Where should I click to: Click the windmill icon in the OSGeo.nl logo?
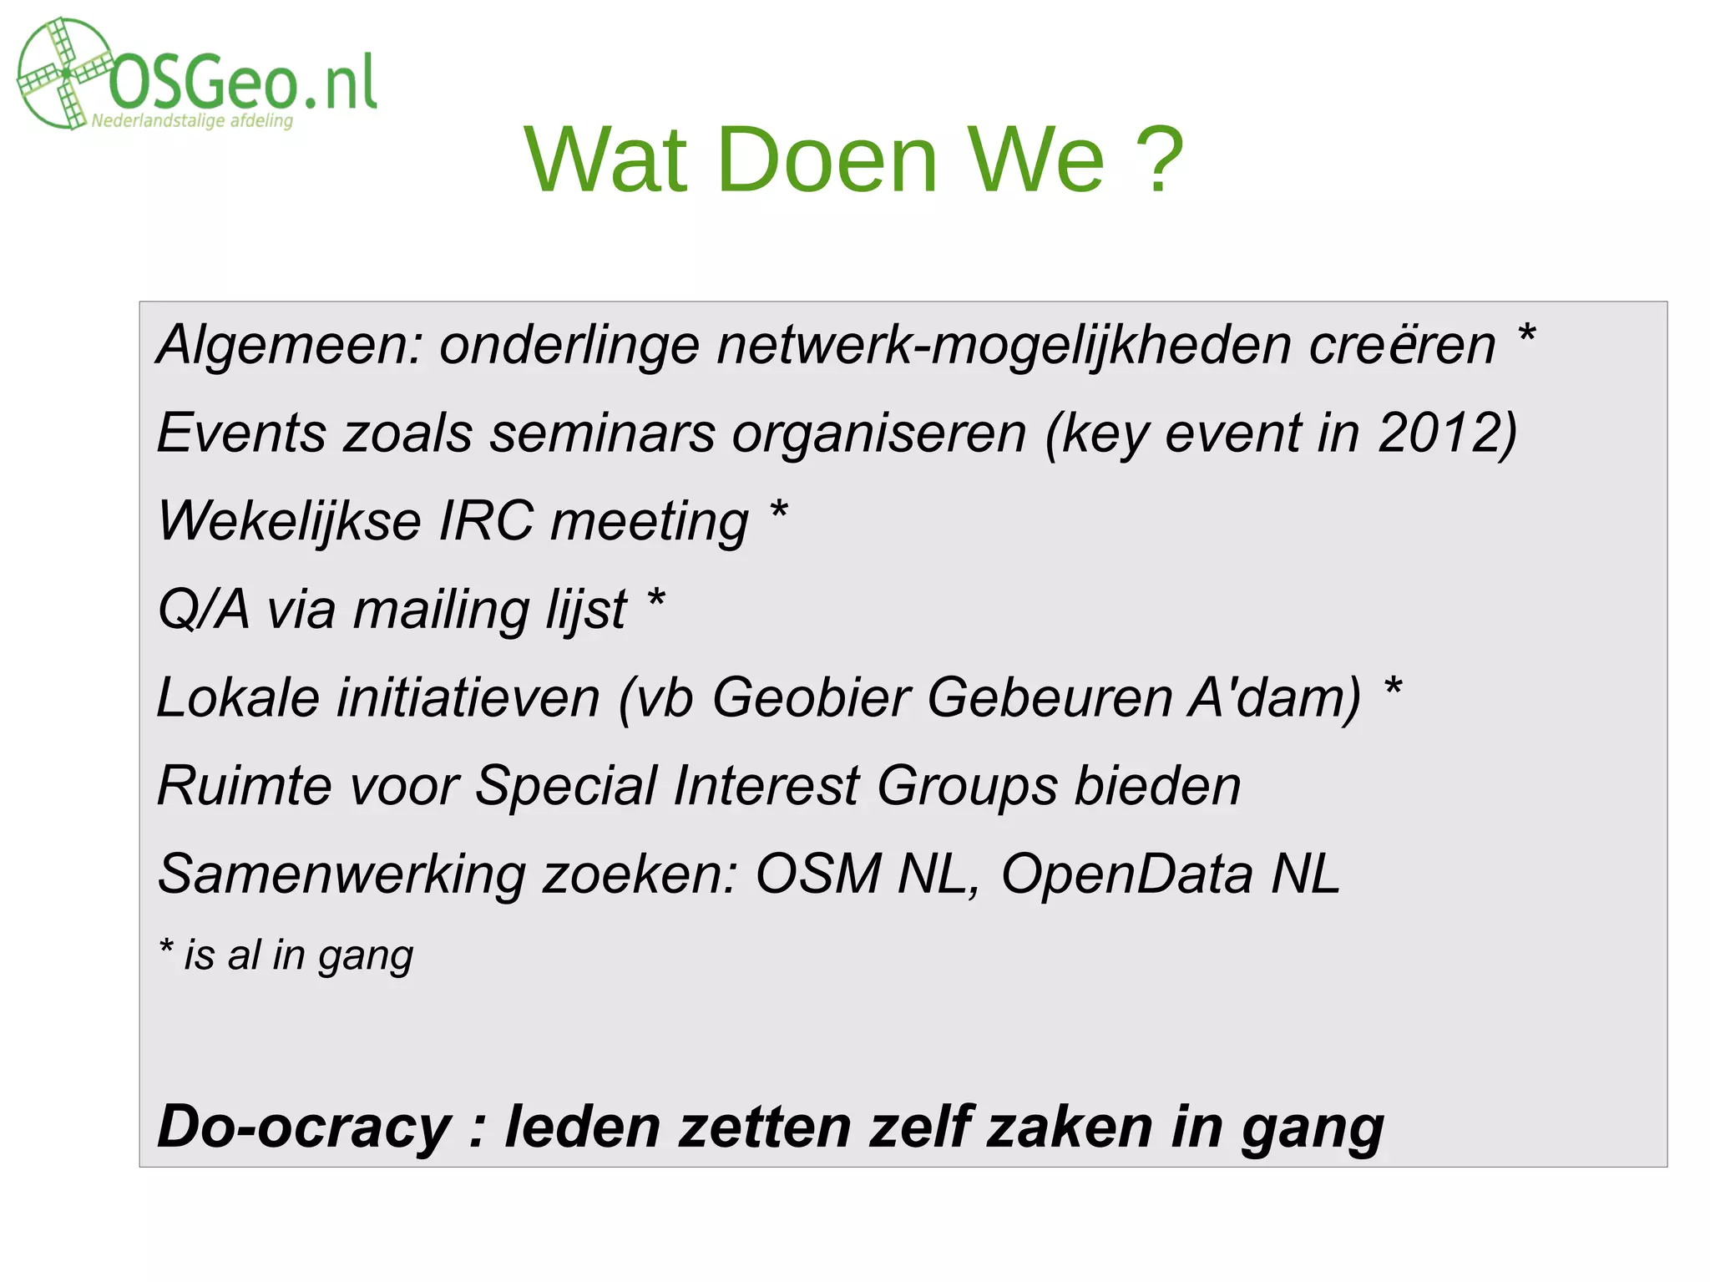[63, 73]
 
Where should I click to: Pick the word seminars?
[602, 433]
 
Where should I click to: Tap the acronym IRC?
[486, 520]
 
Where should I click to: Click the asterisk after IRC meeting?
[778, 510]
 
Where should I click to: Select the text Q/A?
[203, 609]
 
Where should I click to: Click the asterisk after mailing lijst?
[656, 598]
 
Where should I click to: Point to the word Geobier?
[811, 697]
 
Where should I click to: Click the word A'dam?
[1275, 697]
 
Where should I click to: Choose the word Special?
[566, 786]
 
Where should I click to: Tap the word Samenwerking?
[341, 874]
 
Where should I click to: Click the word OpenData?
[1127, 874]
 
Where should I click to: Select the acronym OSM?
[817, 874]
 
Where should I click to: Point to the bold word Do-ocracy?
[304, 1127]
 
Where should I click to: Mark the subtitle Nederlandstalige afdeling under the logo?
[192, 121]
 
